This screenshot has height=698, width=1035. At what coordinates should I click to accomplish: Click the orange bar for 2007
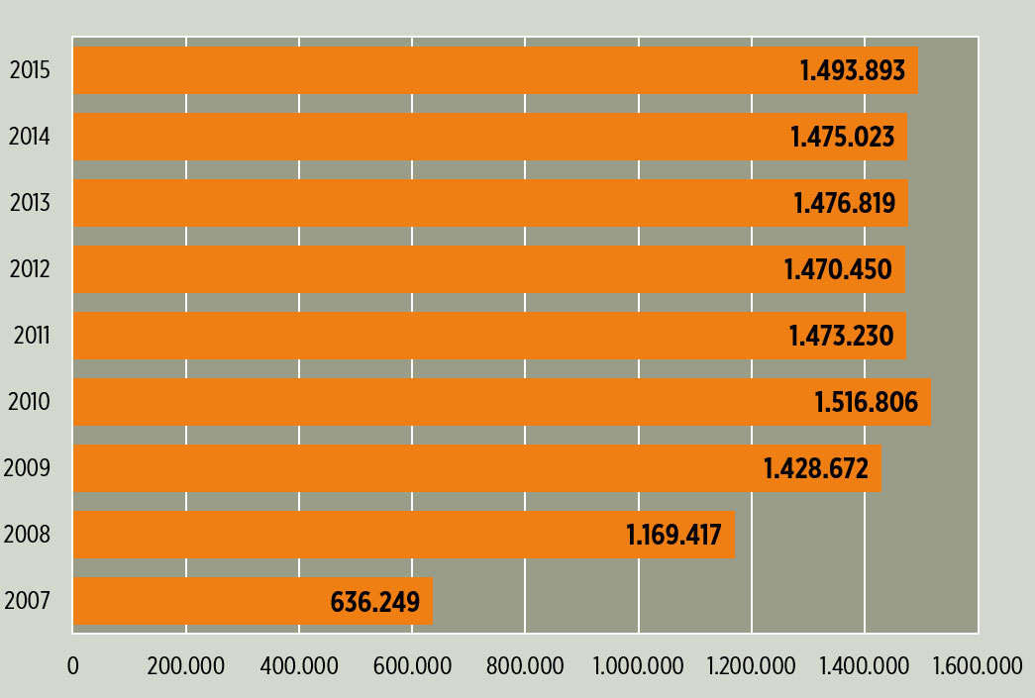click(x=198, y=601)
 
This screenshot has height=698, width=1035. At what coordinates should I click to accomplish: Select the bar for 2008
click(x=347, y=535)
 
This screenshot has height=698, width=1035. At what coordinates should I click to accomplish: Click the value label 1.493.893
click(x=853, y=70)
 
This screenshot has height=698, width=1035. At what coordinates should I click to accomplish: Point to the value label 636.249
click(x=375, y=601)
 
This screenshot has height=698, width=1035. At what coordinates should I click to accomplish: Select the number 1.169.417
click(x=673, y=535)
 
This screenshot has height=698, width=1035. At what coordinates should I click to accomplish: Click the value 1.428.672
click(x=816, y=468)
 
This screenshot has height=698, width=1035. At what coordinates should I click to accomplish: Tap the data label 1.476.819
click(x=845, y=203)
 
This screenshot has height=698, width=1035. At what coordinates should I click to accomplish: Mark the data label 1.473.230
click(x=841, y=336)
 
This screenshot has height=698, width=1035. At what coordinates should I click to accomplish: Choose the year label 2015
click(x=29, y=70)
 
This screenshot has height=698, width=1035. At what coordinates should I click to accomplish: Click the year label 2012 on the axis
click(x=29, y=269)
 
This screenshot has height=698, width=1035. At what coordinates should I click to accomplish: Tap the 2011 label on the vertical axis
click(x=32, y=336)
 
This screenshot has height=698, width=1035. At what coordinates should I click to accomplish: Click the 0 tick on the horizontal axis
click(x=72, y=665)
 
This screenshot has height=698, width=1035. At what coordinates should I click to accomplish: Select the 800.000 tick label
click(x=525, y=665)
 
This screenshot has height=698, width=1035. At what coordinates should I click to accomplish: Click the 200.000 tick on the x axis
click(x=186, y=665)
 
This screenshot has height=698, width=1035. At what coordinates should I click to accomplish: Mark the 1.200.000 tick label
click(x=751, y=665)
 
